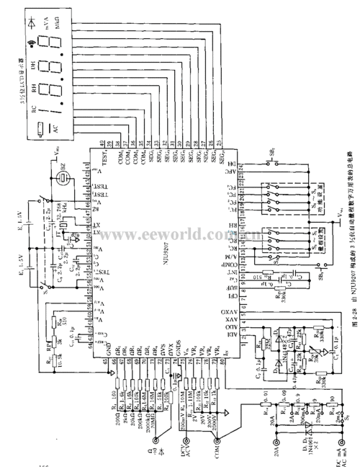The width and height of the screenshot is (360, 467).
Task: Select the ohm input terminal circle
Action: click(x=166, y=432)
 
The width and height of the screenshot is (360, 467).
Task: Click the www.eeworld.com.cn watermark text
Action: click(x=179, y=216)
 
